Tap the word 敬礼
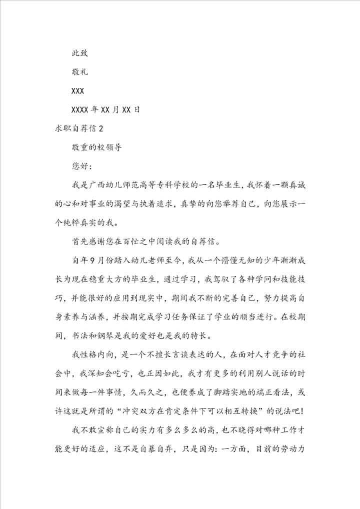(x=80, y=72)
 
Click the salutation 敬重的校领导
(x=97, y=147)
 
